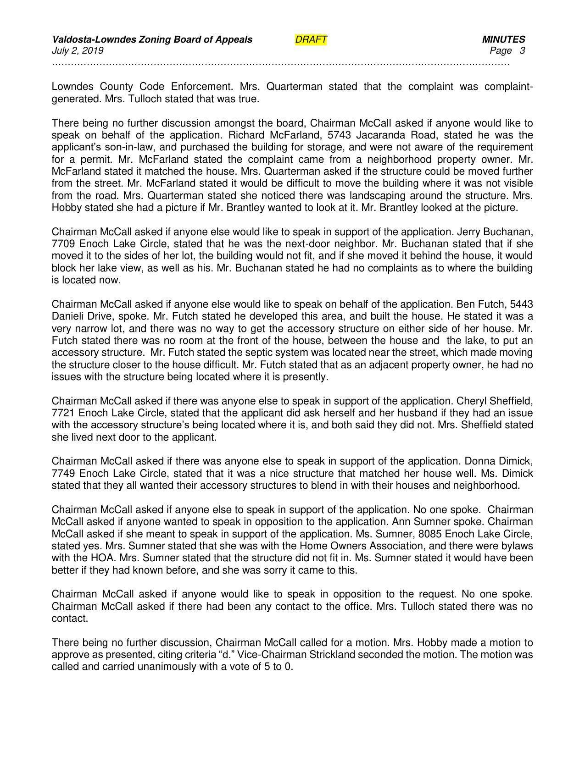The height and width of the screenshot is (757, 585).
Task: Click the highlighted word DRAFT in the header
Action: pyautogui.click(x=311, y=39)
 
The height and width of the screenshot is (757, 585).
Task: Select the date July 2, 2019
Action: pyautogui.click(x=78, y=50)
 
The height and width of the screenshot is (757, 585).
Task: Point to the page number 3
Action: pyautogui.click(x=522, y=50)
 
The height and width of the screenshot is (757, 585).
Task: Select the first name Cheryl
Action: pyautogui.click(x=479, y=401)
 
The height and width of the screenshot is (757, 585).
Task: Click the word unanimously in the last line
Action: pyautogui.click(x=167, y=667)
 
